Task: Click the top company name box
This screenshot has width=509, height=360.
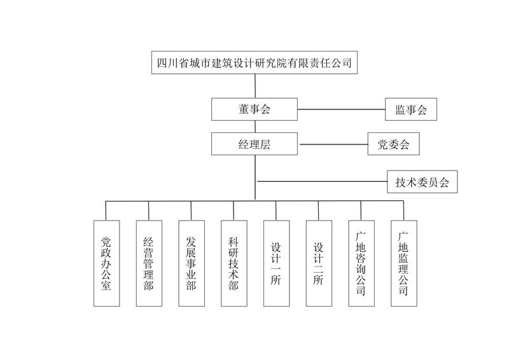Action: (254, 64)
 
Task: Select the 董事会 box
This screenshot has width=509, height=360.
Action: (254, 109)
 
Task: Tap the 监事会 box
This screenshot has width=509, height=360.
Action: (411, 109)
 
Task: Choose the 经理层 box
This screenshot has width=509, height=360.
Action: (254, 144)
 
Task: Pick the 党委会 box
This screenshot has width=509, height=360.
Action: (394, 144)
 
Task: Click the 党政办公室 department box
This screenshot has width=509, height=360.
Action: (106, 263)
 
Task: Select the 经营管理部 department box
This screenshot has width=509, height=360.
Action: (148, 263)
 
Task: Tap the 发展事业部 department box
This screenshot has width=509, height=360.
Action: (191, 263)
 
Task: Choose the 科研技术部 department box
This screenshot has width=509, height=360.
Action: (234, 263)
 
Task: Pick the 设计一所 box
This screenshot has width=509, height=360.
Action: (276, 263)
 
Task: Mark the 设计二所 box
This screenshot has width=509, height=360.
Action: (319, 263)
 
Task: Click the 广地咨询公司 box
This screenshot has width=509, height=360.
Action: (361, 263)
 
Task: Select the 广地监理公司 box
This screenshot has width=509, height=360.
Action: (403, 263)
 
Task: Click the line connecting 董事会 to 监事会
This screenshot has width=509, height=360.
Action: (341, 109)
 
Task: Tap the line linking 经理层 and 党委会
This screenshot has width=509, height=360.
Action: (333, 144)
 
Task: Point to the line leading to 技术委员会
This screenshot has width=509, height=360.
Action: (321, 183)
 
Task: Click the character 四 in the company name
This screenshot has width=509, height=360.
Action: (162, 64)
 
